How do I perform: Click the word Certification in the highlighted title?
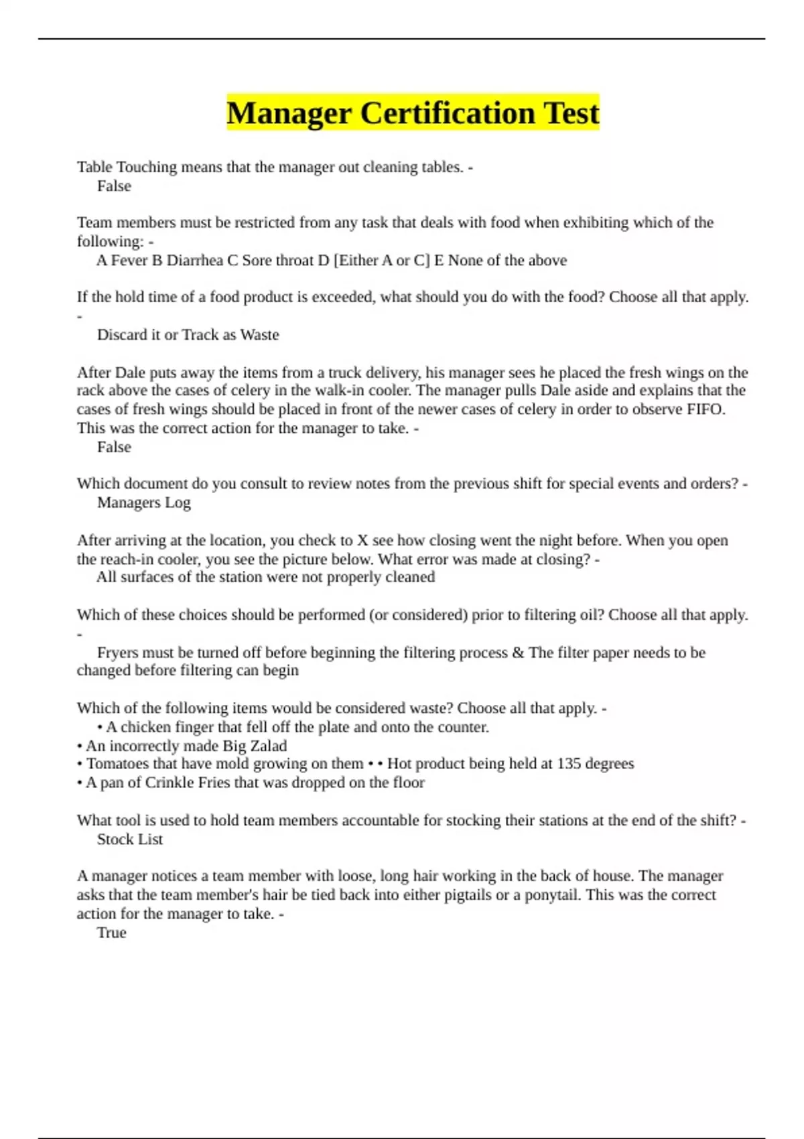coord(447,113)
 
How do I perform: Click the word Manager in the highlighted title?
coord(289,113)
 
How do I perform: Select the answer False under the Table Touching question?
coord(114,186)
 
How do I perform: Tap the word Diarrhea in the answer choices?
coord(194,261)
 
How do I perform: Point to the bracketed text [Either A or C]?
coord(381,261)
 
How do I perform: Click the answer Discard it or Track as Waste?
coord(188,335)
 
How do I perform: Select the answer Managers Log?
coord(143,503)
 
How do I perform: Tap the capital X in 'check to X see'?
coord(362,541)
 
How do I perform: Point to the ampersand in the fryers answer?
coord(517,653)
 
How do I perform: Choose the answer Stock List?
coord(130,840)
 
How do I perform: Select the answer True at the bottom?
coord(111,933)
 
